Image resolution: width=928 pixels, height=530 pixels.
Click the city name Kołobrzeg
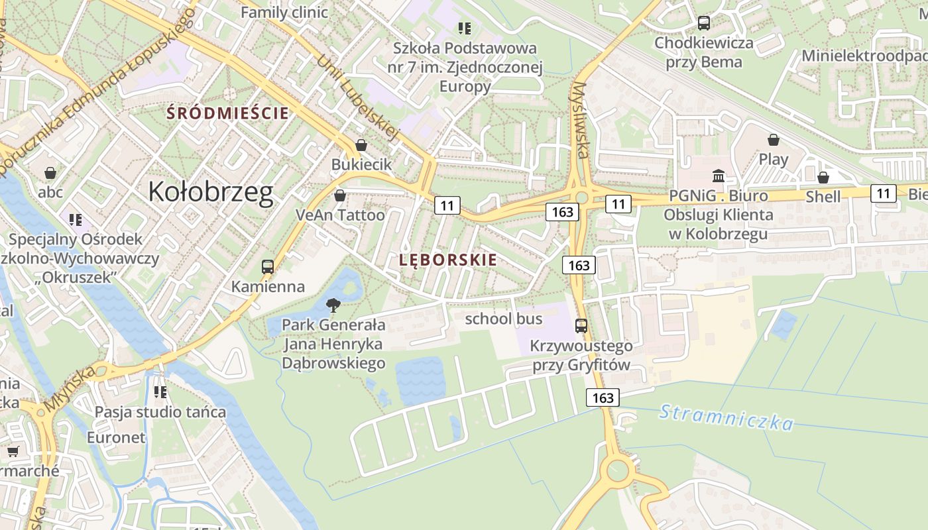click(x=210, y=192)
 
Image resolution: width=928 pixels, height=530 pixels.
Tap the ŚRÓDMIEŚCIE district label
click(x=228, y=113)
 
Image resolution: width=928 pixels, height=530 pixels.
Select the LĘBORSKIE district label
click(x=448, y=260)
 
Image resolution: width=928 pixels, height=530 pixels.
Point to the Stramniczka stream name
click(x=726, y=417)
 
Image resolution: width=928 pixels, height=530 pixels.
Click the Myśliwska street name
click(x=581, y=120)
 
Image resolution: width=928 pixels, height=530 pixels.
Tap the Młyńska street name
click(x=70, y=388)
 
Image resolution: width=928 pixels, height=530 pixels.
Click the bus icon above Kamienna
click(x=268, y=267)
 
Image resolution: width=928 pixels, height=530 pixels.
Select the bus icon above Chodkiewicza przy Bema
click(x=704, y=23)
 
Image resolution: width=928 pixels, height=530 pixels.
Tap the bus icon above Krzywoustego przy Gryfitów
click(x=581, y=325)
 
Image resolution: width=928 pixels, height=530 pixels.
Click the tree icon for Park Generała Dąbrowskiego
click(x=333, y=305)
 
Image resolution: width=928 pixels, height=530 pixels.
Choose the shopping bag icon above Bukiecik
click(x=361, y=144)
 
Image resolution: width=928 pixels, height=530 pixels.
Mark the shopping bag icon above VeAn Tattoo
click(x=340, y=195)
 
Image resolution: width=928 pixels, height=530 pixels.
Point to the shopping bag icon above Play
click(x=773, y=140)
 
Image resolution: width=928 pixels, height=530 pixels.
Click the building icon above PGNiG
click(x=719, y=176)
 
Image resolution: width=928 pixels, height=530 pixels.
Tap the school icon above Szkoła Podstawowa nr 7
click(x=465, y=28)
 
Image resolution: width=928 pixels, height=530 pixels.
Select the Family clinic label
click(x=284, y=13)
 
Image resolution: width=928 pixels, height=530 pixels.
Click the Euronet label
click(x=116, y=438)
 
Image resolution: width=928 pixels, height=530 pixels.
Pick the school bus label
click(x=504, y=319)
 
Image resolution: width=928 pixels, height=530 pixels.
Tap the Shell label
click(x=823, y=197)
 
